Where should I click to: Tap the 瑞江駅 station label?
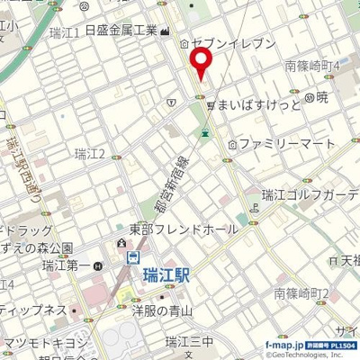[x=164, y=277]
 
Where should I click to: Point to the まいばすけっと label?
[x=256, y=104]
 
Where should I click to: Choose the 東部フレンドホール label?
[x=184, y=229]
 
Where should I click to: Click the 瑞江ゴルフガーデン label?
[x=310, y=194]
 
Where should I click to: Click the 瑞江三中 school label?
[x=188, y=341]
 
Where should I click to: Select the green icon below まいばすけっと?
[x=206, y=133]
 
